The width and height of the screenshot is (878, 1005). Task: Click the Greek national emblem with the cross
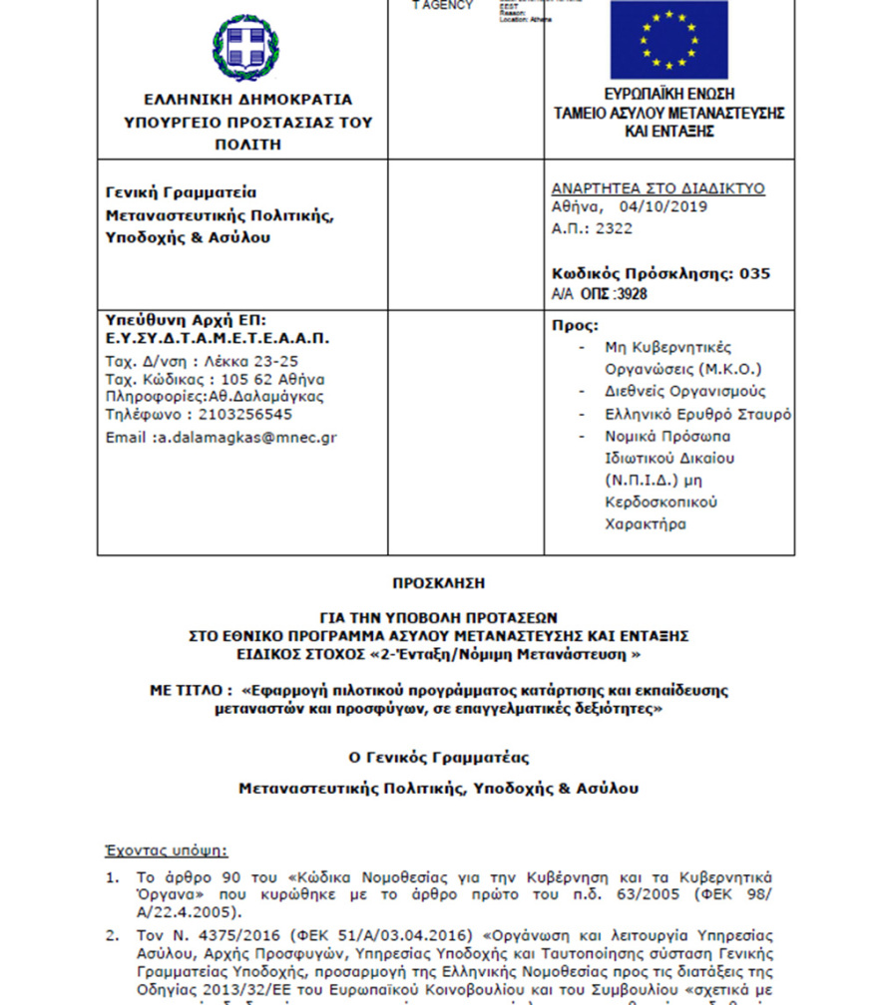coord(246,48)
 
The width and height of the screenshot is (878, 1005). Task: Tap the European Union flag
coord(668,39)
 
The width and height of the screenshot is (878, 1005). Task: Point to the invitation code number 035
coord(755,274)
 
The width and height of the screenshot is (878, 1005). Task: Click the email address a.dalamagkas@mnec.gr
coord(244,438)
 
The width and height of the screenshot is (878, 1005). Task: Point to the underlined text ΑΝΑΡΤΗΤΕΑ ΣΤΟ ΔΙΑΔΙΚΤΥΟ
coord(658,187)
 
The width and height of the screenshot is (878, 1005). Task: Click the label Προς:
coord(576,326)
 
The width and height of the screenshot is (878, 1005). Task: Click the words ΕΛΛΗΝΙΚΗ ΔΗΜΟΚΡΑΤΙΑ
coord(247,100)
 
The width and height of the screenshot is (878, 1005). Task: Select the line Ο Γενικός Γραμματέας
coord(438,758)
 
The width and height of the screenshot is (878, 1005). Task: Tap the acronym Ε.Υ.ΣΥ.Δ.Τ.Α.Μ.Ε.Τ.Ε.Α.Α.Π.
coord(218,338)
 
